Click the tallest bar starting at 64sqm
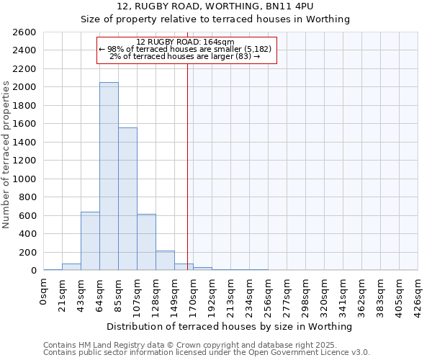click(x=109, y=176)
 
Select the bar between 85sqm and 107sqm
click(x=127, y=199)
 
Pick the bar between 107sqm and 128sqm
click(x=146, y=242)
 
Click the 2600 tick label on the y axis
click(x=24, y=32)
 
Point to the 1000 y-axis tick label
click(x=24, y=179)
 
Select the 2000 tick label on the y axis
click(x=24, y=87)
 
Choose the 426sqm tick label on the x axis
click(x=418, y=295)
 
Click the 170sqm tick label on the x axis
click(x=194, y=295)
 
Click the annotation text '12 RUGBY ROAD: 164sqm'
click(x=186, y=42)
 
